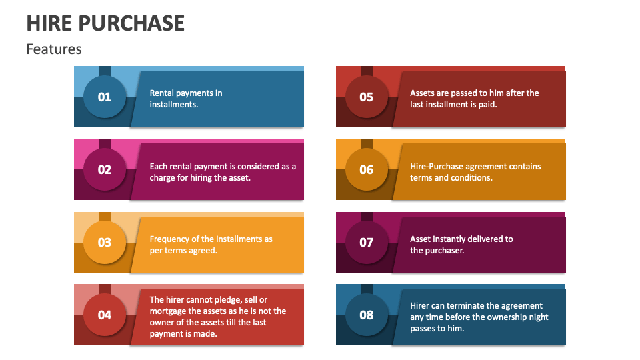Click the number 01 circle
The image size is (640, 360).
[105, 97]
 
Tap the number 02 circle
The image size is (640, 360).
[105, 169]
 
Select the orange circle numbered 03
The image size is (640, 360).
[105, 242]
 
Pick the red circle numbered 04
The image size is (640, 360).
[105, 315]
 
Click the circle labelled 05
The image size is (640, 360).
[367, 97]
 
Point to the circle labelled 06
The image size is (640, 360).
[367, 169]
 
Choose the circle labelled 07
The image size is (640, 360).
[367, 242]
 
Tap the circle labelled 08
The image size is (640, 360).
[367, 315]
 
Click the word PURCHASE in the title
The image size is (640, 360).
[131, 23]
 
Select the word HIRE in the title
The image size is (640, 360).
[49, 23]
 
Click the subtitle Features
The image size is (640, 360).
[54, 49]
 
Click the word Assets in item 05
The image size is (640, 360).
[423, 93]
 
